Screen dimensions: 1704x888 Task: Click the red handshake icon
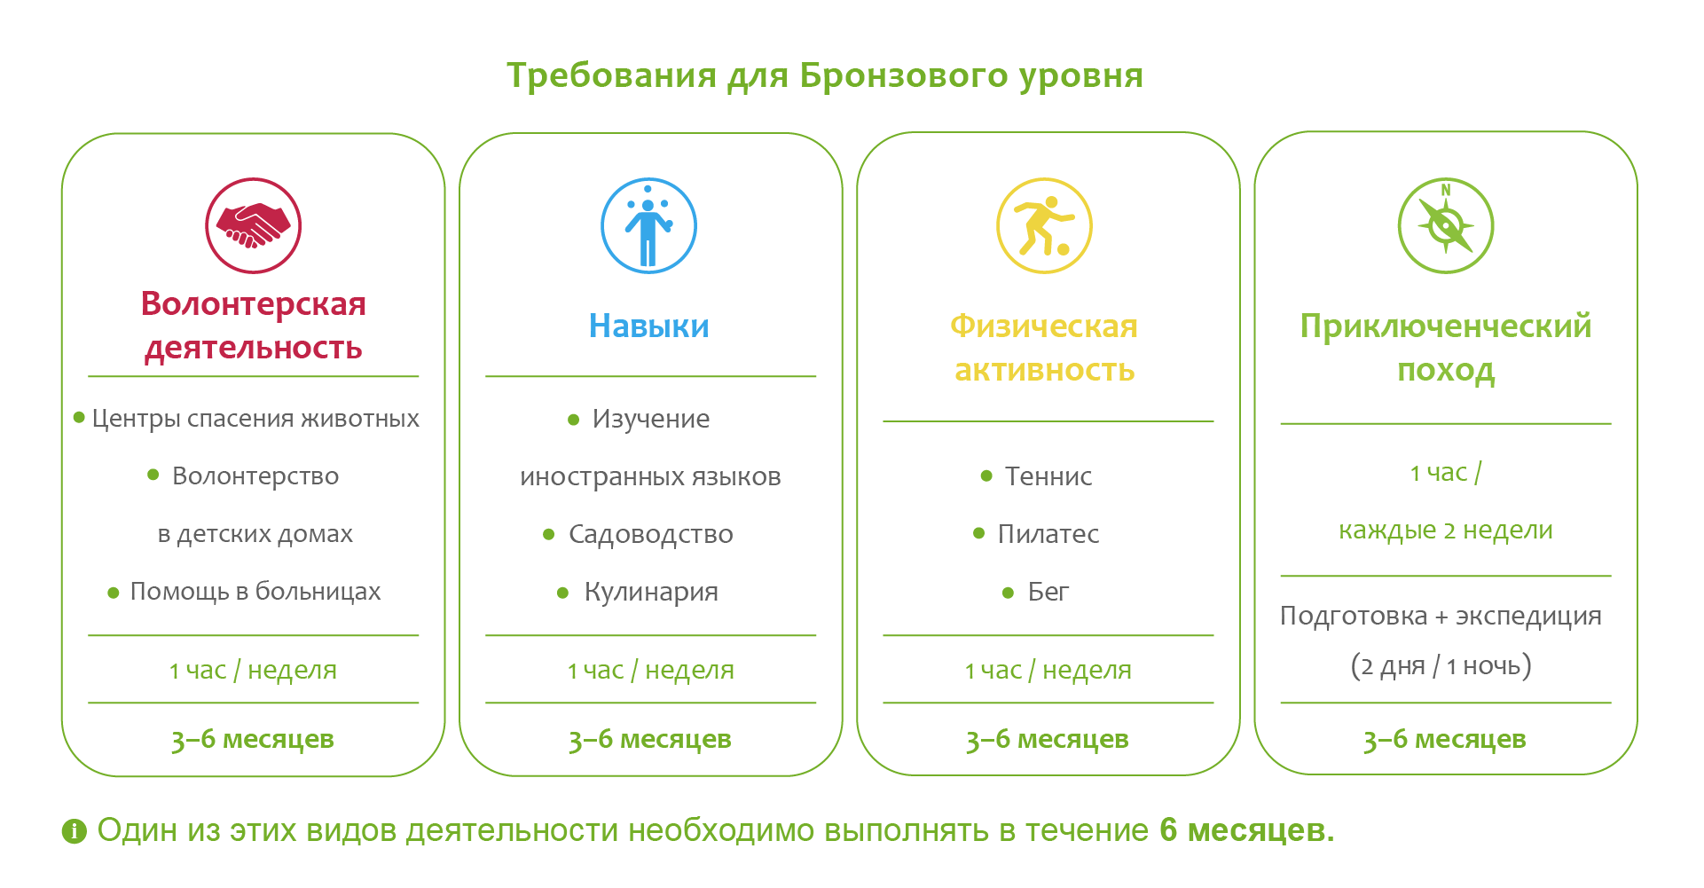254,225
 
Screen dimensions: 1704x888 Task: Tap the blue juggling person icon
648,225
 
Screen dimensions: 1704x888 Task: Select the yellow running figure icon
1044,225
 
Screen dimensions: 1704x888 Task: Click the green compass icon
1446,225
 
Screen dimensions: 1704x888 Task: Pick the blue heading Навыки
649,326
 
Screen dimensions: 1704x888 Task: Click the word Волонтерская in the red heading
254,304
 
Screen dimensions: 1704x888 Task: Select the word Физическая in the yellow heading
1044,326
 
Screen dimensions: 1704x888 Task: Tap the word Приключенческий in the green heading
1446,326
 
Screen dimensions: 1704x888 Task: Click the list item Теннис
1048,476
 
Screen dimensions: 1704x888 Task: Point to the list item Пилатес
1048,534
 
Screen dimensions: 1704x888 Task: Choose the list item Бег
1048,592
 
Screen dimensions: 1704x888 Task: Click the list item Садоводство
651,534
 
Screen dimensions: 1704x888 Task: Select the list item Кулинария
651,592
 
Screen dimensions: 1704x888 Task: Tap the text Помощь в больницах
255,592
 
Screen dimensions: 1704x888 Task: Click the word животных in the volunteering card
360,419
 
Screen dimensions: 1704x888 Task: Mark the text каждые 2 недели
1446,530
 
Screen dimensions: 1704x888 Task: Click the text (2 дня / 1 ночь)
1441,665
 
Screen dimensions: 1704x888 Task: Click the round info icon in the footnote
75,831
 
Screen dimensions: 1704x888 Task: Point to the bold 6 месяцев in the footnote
1246,830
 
